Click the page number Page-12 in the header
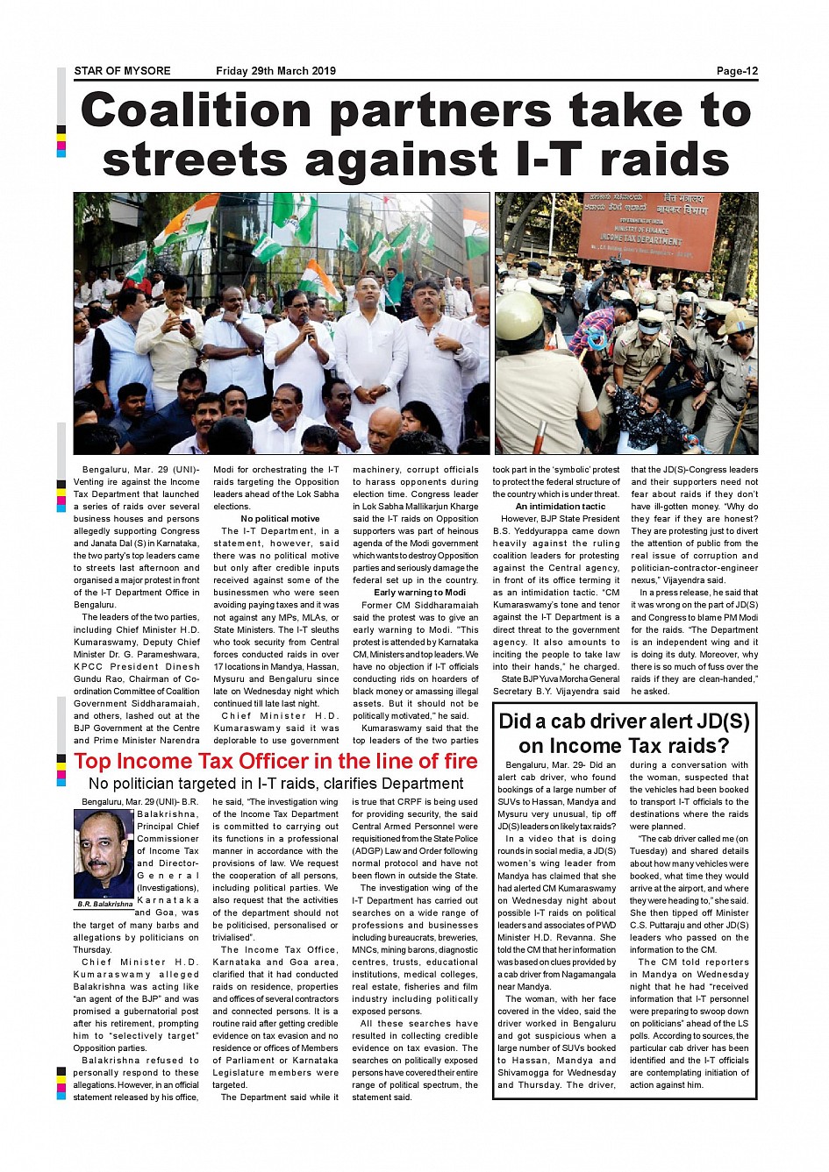tap(736, 71)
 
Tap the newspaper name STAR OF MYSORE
tap(122, 71)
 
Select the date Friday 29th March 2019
tap(275, 71)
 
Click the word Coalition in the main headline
tap(197, 111)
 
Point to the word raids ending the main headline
tap(665, 160)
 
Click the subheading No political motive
tap(280, 519)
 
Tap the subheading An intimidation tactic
tap(560, 507)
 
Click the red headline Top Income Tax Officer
tap(275, 761)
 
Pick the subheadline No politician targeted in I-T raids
tap(275, 784)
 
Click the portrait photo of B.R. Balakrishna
tap(103, 853)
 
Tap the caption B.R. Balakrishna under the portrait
tap(104, 904)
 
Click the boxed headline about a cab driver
tap(624, 734)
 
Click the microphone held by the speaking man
tap(308, 333)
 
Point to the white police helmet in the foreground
tap(519, 314)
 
